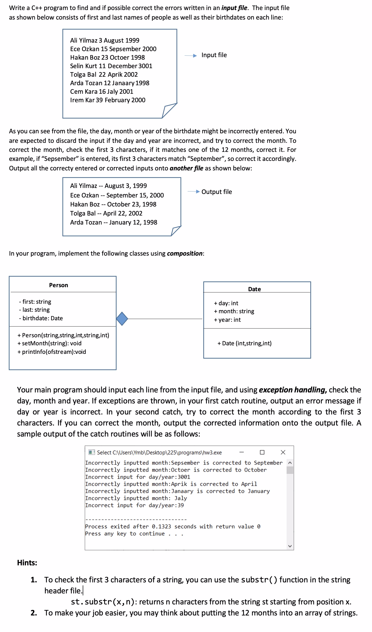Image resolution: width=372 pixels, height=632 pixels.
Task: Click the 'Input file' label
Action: tap(214, 55)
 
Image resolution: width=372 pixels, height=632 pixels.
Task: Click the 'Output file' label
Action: tap(217, 192)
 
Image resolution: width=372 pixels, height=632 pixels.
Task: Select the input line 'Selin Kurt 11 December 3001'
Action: tap(111, 66)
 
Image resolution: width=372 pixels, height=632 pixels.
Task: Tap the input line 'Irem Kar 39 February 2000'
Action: tap(108, 100)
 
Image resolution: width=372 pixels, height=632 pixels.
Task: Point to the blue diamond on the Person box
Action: tap(122, 319)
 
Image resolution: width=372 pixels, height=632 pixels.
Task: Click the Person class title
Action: tap(58, 285)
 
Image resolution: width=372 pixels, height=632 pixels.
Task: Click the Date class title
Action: tap(254, 289)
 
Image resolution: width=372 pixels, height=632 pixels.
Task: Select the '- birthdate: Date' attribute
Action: tap(41, 318)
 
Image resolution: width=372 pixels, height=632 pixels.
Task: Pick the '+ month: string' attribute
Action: tap(234, 311)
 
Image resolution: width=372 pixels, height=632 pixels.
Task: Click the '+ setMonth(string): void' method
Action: tap(49, 343)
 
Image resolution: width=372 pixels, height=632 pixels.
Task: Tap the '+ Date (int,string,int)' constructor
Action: tap(245, 343)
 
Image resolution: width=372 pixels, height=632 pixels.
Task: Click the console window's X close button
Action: tap(283, 452)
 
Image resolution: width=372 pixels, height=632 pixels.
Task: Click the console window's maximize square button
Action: tap(262, 452)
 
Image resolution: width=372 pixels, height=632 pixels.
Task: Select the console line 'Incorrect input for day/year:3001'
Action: tap(137, 477)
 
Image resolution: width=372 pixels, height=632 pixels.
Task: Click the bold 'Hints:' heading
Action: tap(27, 563)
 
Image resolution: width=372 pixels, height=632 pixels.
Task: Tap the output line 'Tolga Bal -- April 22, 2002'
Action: tap(106, 214)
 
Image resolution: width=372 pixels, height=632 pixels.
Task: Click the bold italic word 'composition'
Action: tap(184, 254)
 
